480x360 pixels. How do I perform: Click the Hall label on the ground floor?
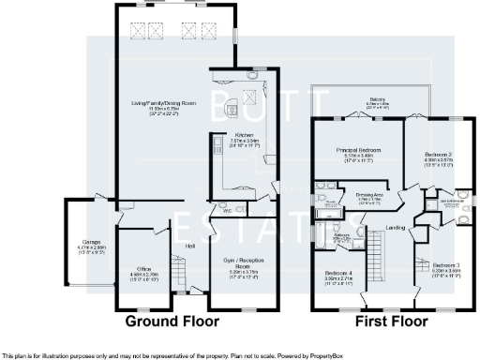190,246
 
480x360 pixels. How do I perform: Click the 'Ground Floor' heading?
172,321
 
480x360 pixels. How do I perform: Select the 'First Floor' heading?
384,321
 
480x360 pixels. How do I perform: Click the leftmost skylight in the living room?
142,31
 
